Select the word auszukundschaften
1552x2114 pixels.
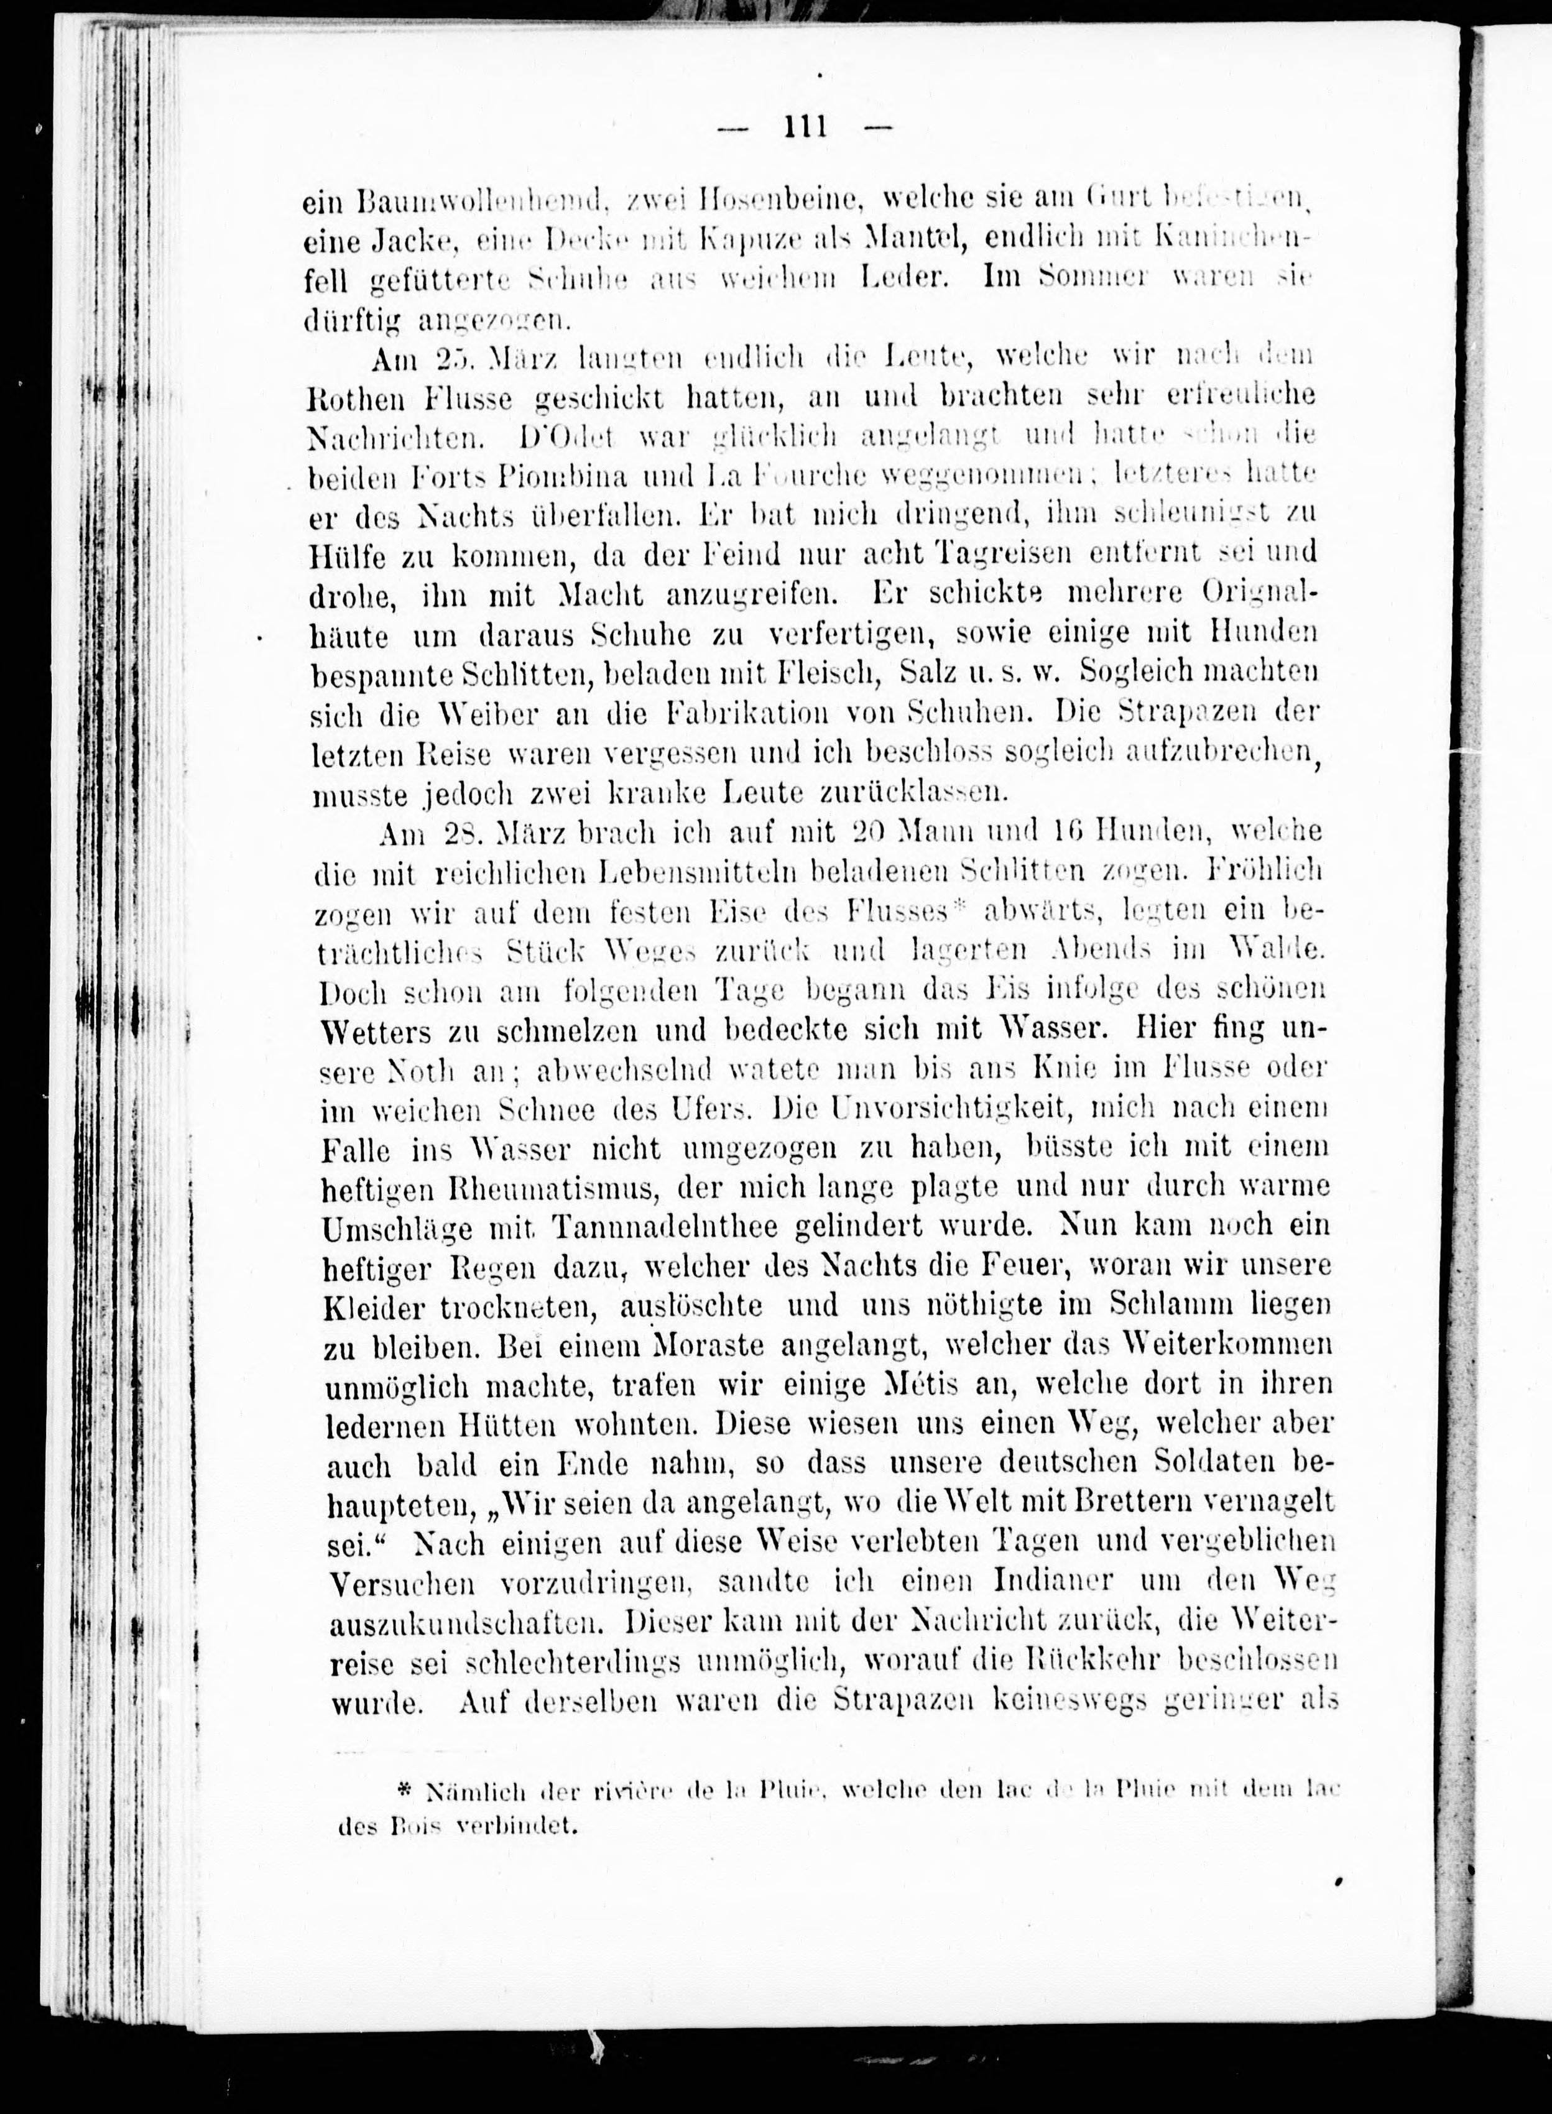click(x=469, y=1623)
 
